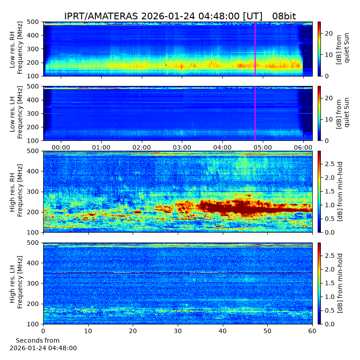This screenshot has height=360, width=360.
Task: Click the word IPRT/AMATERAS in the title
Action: [101, 16]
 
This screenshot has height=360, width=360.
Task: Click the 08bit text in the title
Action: [284, 16]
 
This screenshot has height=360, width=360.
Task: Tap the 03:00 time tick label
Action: [182, 147]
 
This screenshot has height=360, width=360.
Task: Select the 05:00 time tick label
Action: [263, 147]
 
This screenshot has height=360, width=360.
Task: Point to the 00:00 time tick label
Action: [61, 147]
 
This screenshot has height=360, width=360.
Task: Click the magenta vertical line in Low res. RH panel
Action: [255, 49]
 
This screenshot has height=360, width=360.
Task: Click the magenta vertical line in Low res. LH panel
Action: [255, 113]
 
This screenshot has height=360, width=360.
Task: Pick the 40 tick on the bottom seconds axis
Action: [223, 331]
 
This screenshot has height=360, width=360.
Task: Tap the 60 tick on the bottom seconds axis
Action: [312, 331]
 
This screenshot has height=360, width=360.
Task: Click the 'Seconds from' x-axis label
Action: [38, 340]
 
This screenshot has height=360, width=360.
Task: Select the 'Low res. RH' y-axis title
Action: [12, 49]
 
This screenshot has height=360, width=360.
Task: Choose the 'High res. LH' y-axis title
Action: [12, 284]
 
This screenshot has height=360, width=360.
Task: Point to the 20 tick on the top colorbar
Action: [328, 33]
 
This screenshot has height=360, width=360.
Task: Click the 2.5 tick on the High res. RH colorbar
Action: [329, 164]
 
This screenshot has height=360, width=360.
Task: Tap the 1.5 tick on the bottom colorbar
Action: [329, 283]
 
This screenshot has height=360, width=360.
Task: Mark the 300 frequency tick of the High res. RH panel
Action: [34, 192]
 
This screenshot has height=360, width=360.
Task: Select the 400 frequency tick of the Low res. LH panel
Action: [34, 100]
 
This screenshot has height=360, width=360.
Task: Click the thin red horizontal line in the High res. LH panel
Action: [183, 273]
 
